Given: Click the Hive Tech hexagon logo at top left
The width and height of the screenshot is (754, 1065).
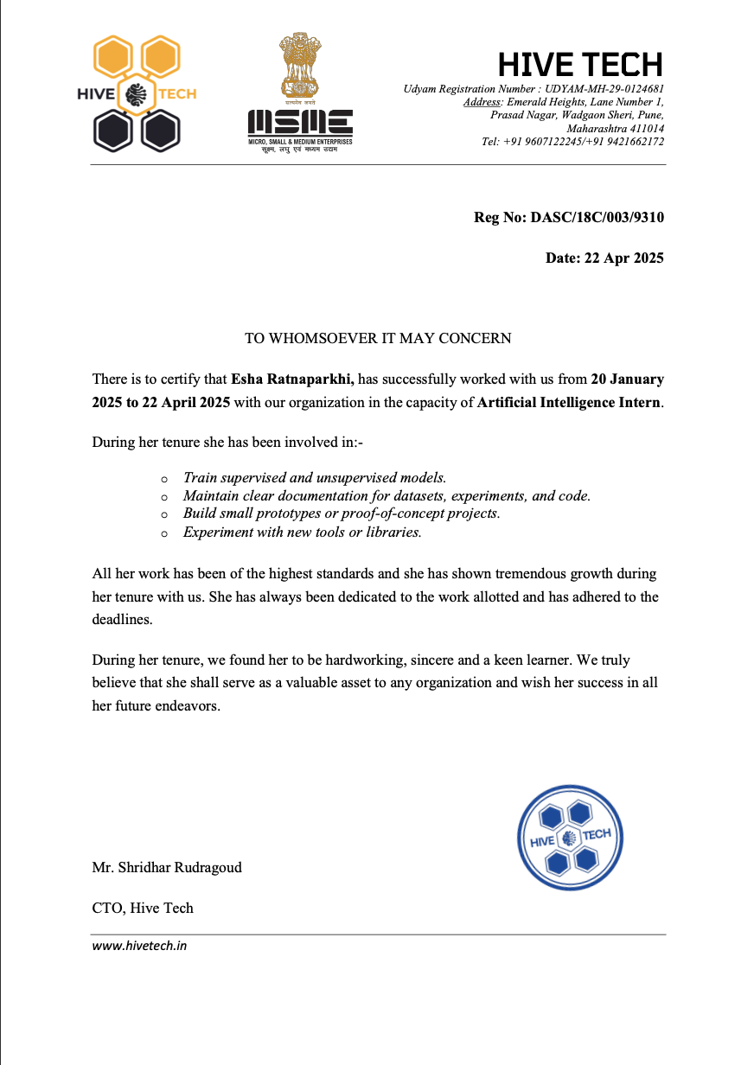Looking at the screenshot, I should [x=137, y=93].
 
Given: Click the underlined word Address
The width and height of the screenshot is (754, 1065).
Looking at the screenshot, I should [x=482, y=102].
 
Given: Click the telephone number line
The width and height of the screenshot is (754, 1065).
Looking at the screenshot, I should [x=573, y=141].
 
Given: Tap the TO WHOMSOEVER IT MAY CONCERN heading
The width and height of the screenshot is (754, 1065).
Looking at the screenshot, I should [x=378, y=338].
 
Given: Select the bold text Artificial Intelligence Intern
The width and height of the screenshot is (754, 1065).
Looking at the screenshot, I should [x=569, y=402].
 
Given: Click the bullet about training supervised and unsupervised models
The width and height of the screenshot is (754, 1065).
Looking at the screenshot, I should [x=315, y=477].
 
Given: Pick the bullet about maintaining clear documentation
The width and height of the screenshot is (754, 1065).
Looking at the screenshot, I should [x=387, y=495].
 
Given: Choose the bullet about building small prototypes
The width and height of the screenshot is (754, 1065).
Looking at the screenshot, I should [x=342, y=513].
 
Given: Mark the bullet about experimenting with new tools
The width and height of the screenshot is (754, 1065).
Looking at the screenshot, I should [x=303, y=532].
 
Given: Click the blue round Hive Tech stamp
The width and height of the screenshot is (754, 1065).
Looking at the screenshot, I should [x=569, y=837].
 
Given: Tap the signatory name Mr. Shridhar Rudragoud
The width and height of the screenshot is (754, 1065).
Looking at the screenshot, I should [x=167, y=867].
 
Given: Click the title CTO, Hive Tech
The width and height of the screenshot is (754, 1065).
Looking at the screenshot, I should [x=143, y=908].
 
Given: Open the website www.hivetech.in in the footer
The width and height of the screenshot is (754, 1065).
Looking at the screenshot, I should [x=139, y=946].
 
